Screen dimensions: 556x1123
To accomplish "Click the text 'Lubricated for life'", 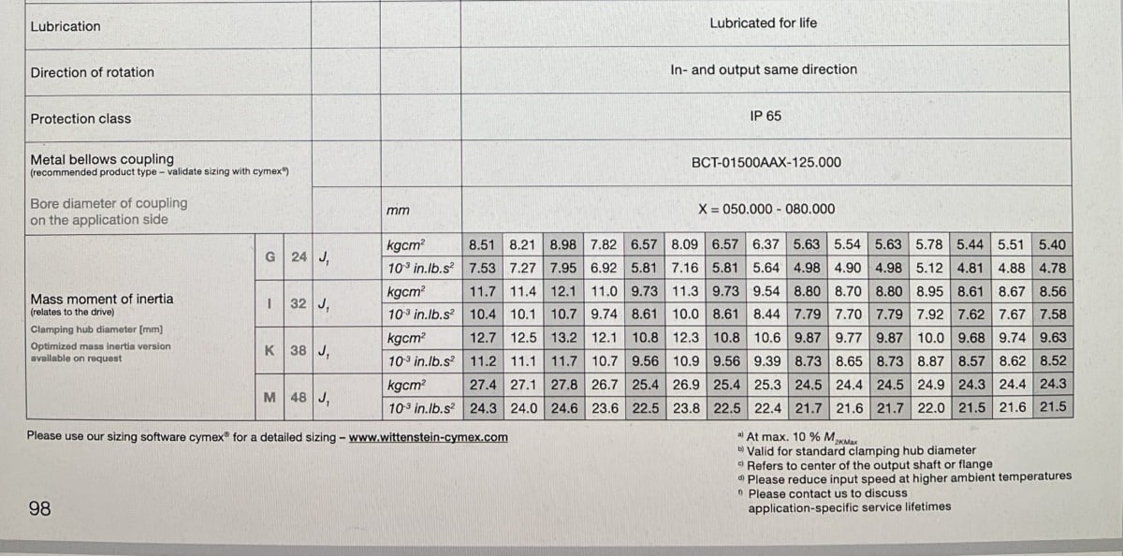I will (x=763, y=22).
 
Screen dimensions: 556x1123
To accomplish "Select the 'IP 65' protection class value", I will (x=766, y=116).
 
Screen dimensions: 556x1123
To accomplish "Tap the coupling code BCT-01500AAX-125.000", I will (x=766, y=162).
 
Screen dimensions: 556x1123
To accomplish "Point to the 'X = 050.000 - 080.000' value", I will (x=766, y=210).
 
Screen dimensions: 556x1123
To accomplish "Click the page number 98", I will (x=39, y=509).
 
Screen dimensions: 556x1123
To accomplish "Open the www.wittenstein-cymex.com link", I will (x=429, y=436).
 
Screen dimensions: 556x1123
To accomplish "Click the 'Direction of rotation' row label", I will (x=92, y=72).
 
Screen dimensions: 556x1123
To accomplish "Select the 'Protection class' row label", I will (x=80, y=119).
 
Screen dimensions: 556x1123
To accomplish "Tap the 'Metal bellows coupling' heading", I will (x=102, y=159).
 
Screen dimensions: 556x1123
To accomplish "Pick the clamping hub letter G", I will (x=270, y=256).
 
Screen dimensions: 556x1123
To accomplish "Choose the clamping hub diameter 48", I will (x=299, y=396).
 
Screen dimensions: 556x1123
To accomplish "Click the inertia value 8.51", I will (x=482, y=245).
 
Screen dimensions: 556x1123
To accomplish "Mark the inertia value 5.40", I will (x=1053, y=245).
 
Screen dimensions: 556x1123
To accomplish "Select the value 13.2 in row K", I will (x=563, y=338).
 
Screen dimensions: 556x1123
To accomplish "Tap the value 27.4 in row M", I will (x=482, y=384).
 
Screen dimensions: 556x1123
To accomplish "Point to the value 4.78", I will (x=1053, y=268).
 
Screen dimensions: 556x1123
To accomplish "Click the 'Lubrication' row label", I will (x=66, y=26).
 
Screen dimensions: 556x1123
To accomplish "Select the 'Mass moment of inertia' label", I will (x=102, y=299).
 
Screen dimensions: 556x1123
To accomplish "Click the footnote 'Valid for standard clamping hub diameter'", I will (x=861, y=450).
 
